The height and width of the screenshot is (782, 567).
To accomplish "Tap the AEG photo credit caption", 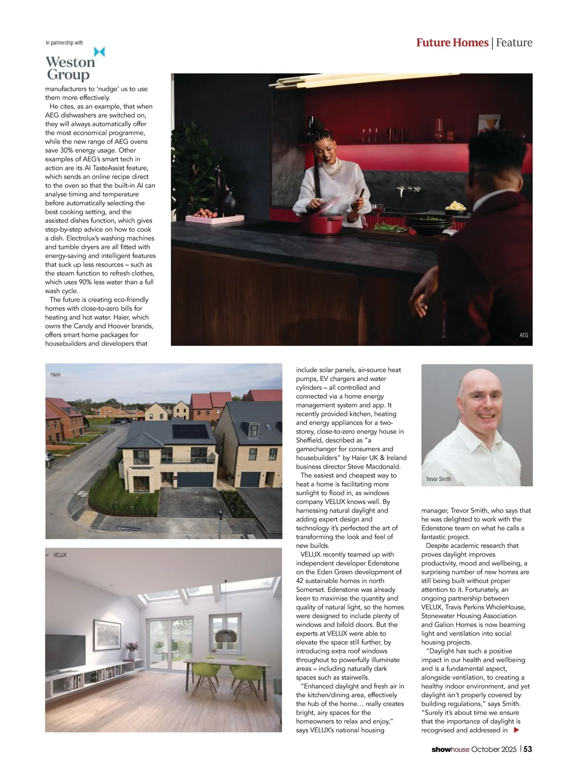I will (524, 335).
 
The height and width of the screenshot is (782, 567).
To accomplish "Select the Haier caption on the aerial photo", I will (56, 374).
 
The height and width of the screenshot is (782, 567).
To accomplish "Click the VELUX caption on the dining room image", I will (60, 555).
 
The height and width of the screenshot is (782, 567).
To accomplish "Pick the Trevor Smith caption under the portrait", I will (438, 479).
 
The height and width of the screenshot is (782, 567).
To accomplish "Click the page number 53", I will (528, 749).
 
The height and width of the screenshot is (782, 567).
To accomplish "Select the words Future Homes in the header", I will (452, 43).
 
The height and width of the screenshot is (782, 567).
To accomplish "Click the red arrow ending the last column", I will (516, 730).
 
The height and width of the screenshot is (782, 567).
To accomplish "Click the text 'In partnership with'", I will (64, 43).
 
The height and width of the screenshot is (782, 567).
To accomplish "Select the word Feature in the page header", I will (514, 43).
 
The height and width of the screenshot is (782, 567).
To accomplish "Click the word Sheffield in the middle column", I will (311, 440).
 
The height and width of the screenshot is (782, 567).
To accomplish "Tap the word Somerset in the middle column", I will (311, 590).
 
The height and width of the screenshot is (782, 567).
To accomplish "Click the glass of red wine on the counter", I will (378, 210).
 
